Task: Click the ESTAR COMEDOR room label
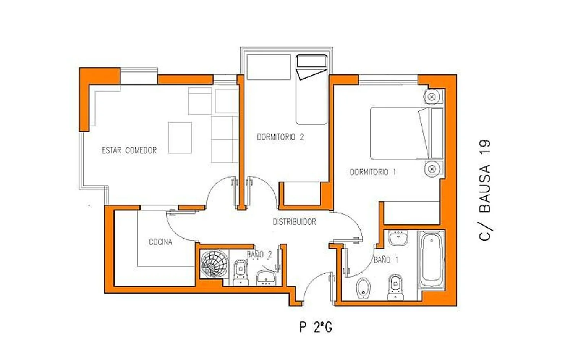[x=129, y=150]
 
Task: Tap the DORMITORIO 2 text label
[x=280, y=137]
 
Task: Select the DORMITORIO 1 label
[x=373, y=172]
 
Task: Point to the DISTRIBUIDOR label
[x=295, y=222]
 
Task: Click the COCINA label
[x=160, y=242]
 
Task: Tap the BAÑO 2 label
[x=259, y=254]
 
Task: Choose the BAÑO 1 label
[x=386, y=260]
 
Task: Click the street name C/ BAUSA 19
[x=485, y=190]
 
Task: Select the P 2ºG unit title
[x=316, y=327]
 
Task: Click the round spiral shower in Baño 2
[x=214, y=264]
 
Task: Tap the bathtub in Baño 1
[x=431, y=260]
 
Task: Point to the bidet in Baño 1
[x=363, y=288]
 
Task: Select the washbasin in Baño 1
[x=398, y=238]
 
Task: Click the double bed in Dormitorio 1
[x=407, y=133]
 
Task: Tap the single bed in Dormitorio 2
[x=312, y=89]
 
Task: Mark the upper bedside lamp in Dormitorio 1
[x=432, y=97]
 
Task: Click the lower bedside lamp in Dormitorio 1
[x=432, y=169]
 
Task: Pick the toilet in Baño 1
[x=395, y=287]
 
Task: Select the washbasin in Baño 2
[x=266, y=278]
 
